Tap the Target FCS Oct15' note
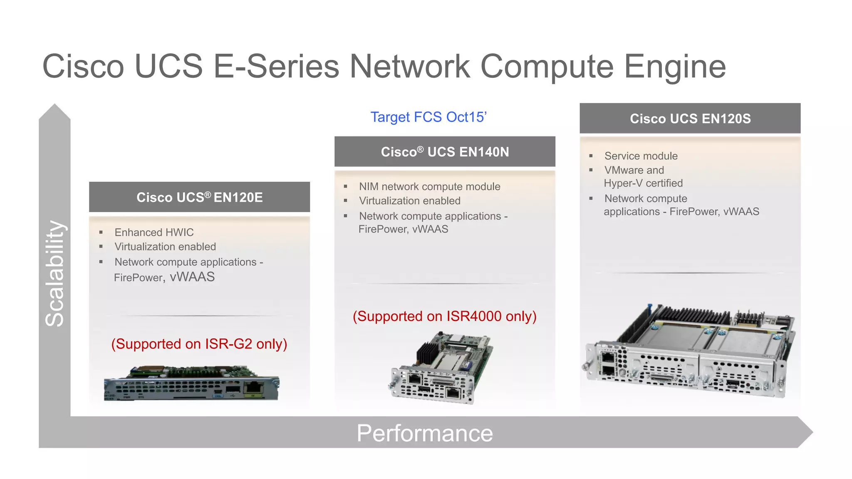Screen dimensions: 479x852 coord(428,117)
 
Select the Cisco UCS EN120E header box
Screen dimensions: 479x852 coord(199,197)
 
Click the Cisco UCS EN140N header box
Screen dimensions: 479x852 coord(445,152)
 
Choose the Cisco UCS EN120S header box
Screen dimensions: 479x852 coord(690,119)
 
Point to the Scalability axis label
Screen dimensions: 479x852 coord(54,273)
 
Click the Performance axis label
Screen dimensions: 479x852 coord(425,433)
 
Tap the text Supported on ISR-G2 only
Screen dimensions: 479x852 coord(199,344)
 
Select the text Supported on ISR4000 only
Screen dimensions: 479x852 coord(444,316)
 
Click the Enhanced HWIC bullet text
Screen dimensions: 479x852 coord(154,232)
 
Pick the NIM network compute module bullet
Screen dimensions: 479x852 coord(429,187)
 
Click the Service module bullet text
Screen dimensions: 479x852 coord(641,156)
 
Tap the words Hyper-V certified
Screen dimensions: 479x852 coord(643,183)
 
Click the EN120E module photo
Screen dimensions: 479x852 coord(191,383)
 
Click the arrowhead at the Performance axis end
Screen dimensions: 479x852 coord(805,432)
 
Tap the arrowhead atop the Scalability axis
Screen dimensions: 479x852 coord(54,111)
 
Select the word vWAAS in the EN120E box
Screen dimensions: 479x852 coord(192,277)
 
